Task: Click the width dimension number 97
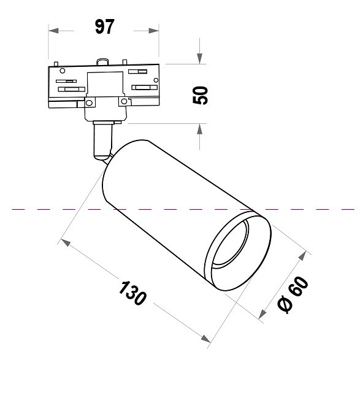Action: click(x=104, y=28)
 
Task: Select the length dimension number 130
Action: click(x=132, y=294)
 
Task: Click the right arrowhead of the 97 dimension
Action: click(x=154, y=30)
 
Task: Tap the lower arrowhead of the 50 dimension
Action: click(x=200, y=129)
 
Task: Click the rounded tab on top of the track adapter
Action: click(x=102, y=61)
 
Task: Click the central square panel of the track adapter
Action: click(x=105, y=85)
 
